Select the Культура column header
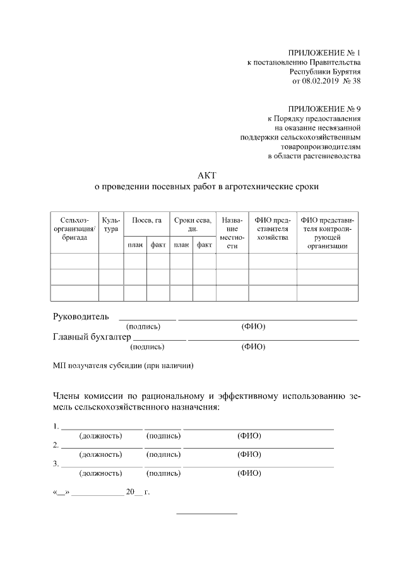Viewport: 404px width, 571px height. pyautogui.click(x=110, y=224)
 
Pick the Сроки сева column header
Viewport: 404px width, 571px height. pyautogui.click(x=193, y=224)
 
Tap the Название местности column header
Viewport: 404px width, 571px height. pyautogui.click(x=232, y=233)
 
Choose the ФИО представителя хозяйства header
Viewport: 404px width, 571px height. pyautogui.click(x=272, y=228)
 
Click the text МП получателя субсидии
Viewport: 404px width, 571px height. pyautogui.click(x=122, y=365)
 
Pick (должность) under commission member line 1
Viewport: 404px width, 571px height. pyautogui.click(x=100, y=436)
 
